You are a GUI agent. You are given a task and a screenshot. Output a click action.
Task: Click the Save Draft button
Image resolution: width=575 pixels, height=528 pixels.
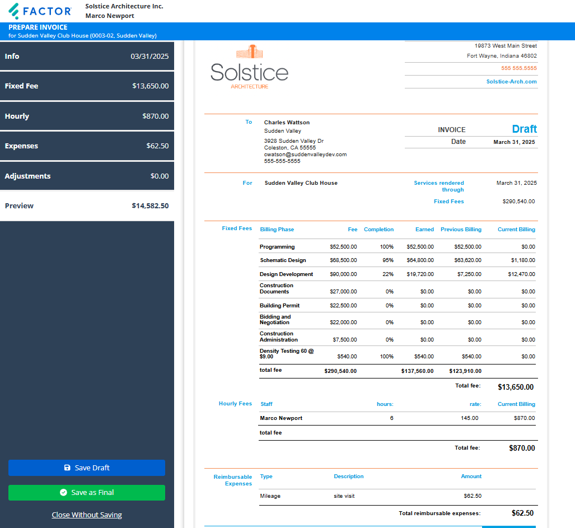tap(87, 468)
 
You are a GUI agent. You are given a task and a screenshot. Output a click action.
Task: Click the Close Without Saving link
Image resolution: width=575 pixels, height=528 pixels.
tap(87, 515)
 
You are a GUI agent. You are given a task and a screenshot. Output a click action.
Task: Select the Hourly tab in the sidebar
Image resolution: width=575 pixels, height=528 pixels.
tap(87, 116)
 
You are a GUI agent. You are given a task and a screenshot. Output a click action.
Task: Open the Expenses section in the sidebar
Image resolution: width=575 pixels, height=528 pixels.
tap(87, 146)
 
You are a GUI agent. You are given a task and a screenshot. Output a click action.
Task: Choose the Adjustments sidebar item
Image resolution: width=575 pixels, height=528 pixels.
tap(87, 176)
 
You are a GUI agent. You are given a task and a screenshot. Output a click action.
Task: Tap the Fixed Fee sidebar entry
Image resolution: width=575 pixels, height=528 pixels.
tap(87, 86)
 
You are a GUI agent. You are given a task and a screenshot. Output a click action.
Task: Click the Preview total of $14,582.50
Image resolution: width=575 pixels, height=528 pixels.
tap(150, 205)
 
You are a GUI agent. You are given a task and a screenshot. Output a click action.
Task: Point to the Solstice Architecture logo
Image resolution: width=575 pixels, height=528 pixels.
tap(249, 67)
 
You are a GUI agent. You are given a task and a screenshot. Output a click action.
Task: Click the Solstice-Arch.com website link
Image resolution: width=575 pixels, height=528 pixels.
tap(511, 82)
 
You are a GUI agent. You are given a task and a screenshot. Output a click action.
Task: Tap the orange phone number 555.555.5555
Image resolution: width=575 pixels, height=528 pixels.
tap(518, 68)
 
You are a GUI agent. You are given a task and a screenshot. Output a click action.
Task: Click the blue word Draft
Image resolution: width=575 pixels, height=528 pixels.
tap(524, 129)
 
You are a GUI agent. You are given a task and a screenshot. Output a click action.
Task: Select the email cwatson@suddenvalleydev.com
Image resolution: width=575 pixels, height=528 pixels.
tap(305, 155)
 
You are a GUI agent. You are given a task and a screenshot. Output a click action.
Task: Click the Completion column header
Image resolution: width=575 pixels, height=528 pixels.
tap(378, 230)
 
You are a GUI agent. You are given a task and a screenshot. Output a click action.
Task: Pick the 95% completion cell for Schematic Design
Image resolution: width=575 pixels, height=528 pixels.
tap(386, 260)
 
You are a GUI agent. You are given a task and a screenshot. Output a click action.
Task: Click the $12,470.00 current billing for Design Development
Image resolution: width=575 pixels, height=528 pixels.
tap(521, 274)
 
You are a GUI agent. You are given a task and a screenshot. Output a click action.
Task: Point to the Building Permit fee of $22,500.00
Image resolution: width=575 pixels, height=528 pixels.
tap(343, 306)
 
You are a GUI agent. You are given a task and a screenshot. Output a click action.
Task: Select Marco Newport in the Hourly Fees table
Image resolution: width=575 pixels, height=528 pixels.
tap(281, 418)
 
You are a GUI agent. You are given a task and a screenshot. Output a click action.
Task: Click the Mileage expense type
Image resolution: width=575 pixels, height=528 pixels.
tap(270, 496)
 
